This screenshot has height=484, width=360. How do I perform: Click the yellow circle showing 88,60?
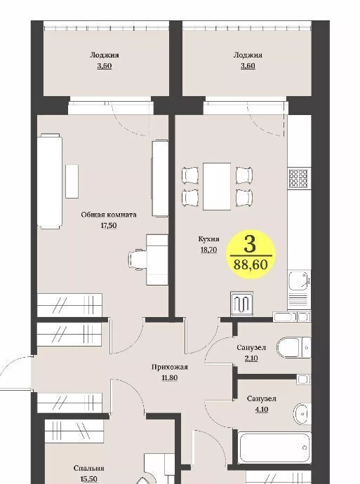click(x=250, y=255)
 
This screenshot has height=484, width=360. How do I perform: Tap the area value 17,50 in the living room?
click(x=109, y=225)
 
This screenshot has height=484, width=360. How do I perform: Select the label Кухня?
click(x=208, y=239)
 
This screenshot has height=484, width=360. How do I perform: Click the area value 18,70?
click(x=208, y=250)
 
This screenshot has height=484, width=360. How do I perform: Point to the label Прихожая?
click(x=170, y=367)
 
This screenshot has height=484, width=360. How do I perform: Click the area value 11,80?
click(x=170, y=377)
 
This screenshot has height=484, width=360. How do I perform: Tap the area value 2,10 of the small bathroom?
click(x=251, y=358)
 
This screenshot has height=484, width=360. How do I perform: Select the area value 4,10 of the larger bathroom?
click(x=262, y=410)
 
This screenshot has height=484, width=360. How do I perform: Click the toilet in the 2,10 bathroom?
click(x=293, y=347)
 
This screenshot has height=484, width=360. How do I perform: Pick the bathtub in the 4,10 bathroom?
click(x=274, y=448)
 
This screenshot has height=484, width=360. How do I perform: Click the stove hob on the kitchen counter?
click(x=299, y=178)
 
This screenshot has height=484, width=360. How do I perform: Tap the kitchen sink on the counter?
click(x=299, y=281)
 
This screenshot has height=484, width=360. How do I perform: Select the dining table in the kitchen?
click(x=217, y=187)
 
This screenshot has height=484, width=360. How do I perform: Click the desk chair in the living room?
click(x=138, y=260)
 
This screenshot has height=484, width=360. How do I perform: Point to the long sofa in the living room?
click(x=49, y=181)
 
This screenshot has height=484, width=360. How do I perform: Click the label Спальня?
click(x=89, y=469)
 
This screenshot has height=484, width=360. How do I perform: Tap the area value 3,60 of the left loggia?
click(x=105, y=66)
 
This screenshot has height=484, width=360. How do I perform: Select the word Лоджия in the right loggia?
click(x=248, y=55)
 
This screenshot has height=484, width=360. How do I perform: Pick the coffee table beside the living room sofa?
click(x=72, y=181)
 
